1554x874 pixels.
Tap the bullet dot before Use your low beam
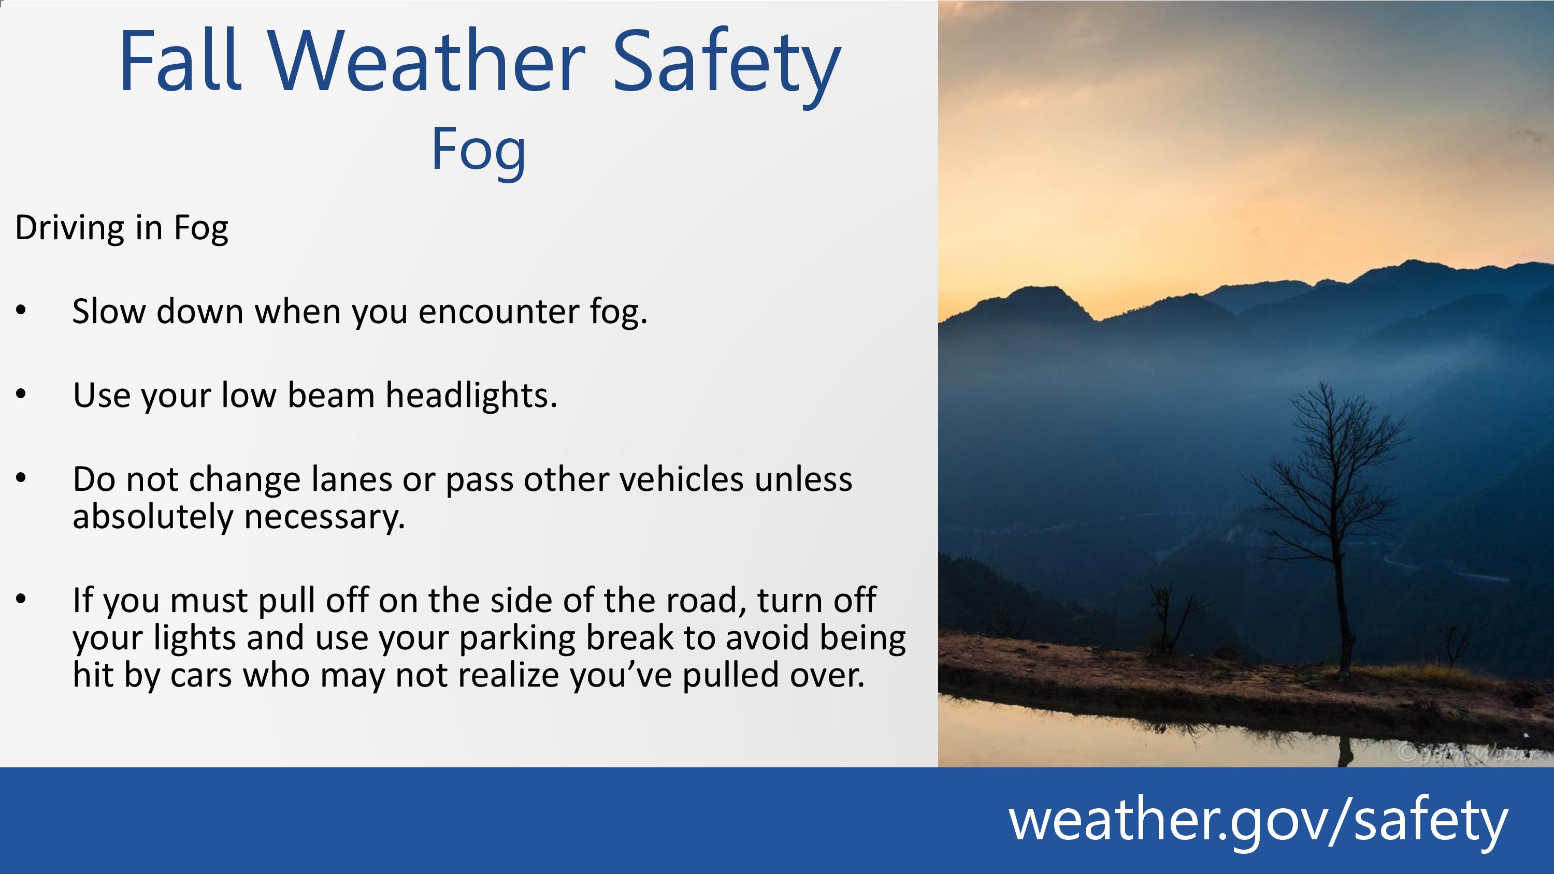(21, 395)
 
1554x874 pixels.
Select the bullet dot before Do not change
(21, 478)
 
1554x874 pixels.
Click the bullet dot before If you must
(21, 600)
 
